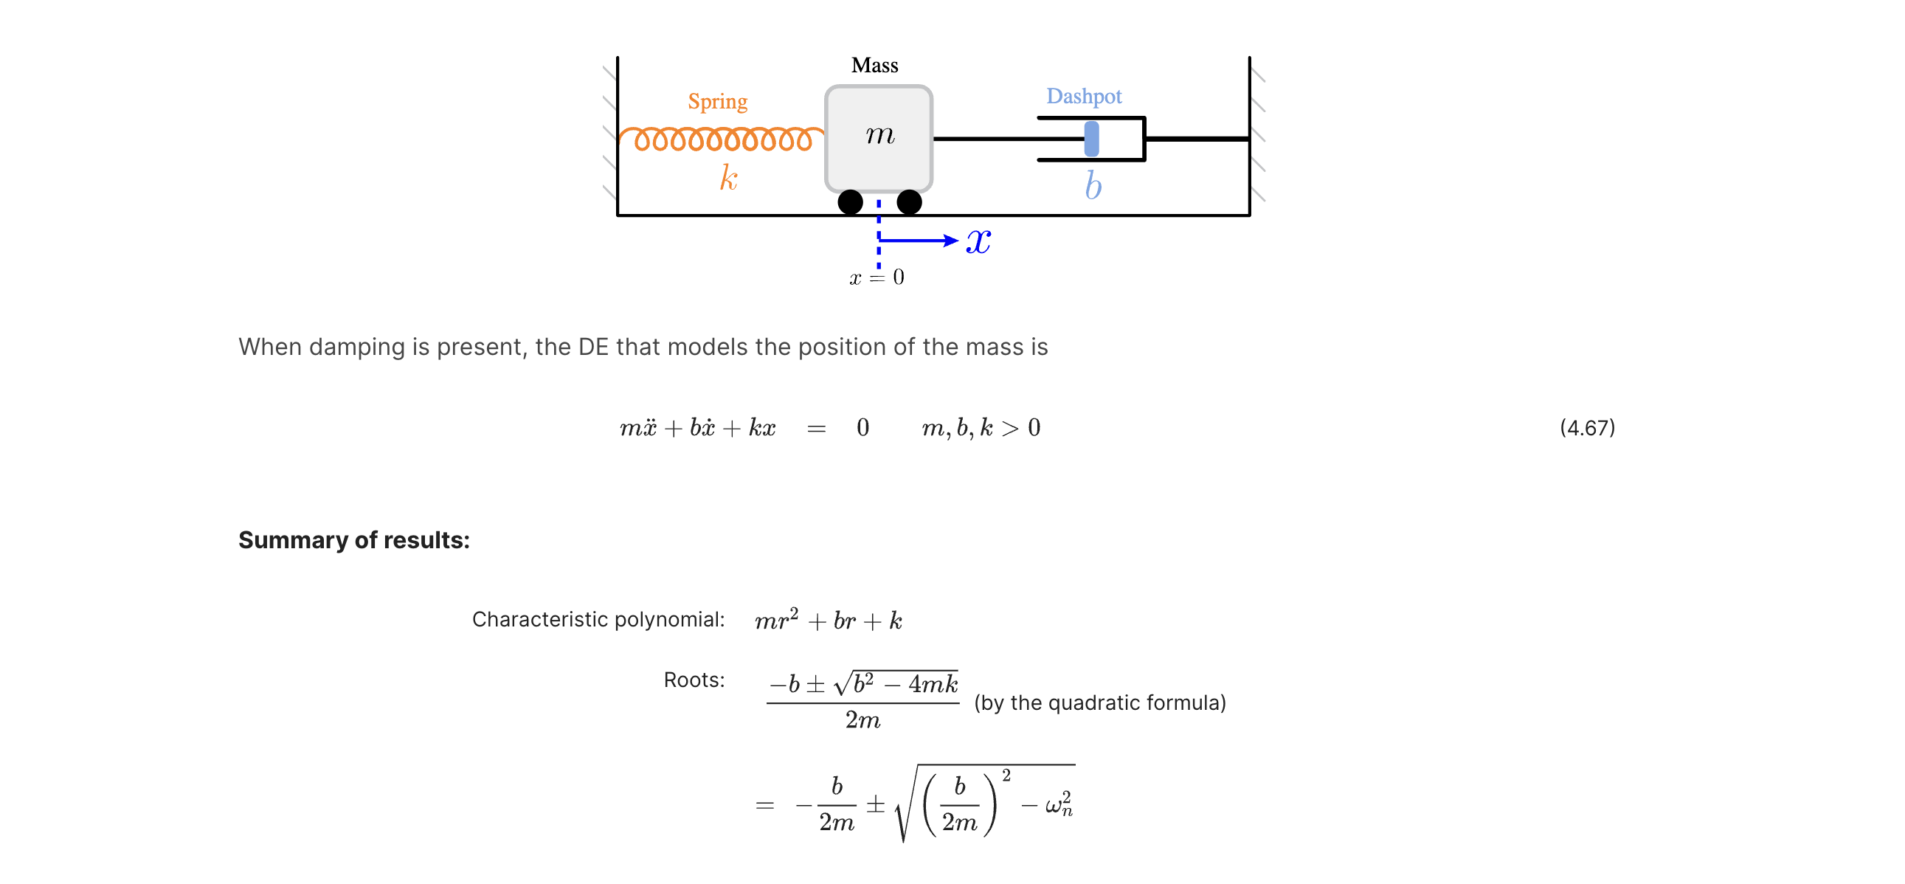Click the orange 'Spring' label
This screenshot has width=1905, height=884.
tap(717, 101)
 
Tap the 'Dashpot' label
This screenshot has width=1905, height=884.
tap(1083, 96)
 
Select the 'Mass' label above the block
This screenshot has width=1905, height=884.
tap(874, 65)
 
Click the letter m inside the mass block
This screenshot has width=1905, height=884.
tap(880, 134)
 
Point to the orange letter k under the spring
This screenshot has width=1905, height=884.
tap(728, 178)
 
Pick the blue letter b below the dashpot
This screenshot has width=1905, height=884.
tap(1093, 185)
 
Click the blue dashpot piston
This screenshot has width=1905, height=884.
tap(1091, 138)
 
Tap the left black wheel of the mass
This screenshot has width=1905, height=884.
tap(851, 202)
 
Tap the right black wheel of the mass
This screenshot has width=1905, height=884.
tap(909, 202)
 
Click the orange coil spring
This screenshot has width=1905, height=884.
tap(722, 138)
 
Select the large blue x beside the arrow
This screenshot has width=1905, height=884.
tap(978, 241)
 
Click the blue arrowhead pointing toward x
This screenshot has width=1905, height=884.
tap(951, 241)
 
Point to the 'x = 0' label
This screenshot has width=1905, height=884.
tap(877, 277)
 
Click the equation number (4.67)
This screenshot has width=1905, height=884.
tap(1587, 427)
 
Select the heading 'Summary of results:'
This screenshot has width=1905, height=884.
tap(353, 540)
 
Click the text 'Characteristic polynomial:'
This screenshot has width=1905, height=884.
tap(598, 619)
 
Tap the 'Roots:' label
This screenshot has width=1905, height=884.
tap(694, 680)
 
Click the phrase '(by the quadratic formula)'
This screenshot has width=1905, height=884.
tap(1099, 702)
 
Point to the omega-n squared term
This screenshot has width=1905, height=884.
tap(1059, 804)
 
